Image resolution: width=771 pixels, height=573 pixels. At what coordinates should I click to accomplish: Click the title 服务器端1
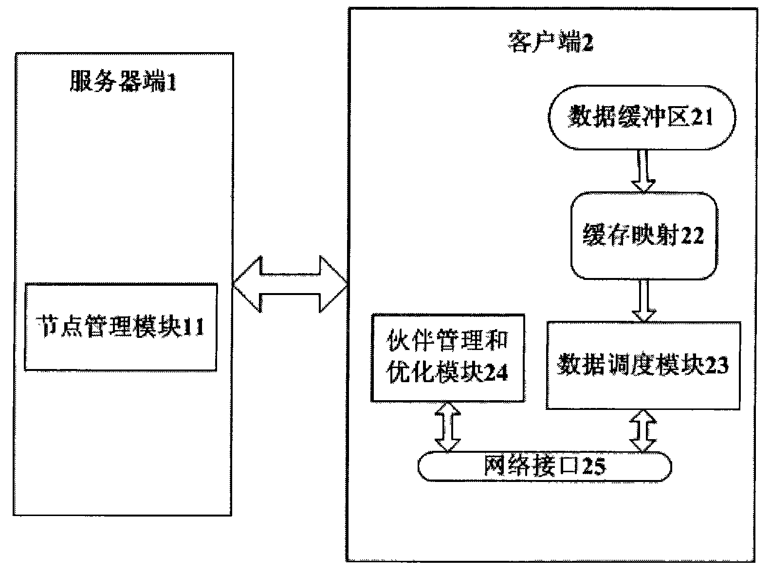click(x=123, y=83)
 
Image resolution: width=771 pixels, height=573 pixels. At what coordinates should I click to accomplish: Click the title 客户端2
click(x=551, y=44)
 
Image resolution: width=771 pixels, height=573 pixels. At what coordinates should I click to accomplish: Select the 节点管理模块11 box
click(x=121, y=327)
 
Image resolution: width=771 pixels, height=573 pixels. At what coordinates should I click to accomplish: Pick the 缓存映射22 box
click(x=644, y=237)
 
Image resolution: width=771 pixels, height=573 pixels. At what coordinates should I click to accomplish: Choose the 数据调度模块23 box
click(x=643, y=365)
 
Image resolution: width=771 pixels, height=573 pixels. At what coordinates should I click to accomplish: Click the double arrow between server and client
click(x=290, y=284)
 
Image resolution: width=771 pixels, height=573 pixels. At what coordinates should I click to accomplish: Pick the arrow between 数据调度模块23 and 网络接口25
click(x=643, y=429)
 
